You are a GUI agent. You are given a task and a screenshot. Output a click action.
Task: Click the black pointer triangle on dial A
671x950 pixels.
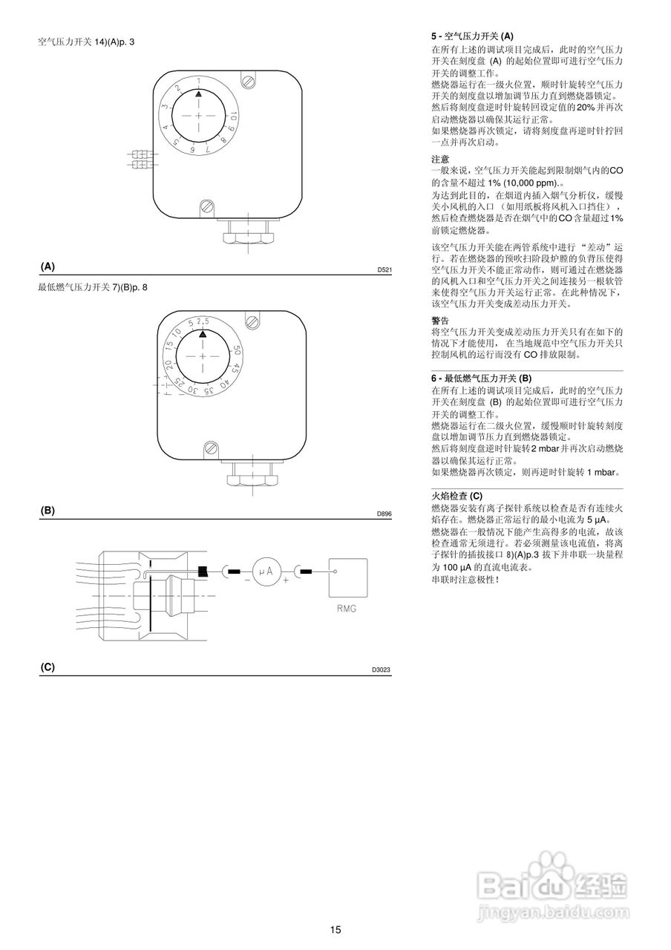[x=198, y=94]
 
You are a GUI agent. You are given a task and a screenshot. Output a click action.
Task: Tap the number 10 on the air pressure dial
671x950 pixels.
[x=233, y=116]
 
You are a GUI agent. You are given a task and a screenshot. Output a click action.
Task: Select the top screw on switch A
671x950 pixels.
[x=248, y=79]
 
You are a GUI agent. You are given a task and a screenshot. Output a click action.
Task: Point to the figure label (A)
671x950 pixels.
[x=48, y=266]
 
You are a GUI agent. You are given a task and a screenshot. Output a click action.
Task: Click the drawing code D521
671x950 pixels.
[x=384, y=269]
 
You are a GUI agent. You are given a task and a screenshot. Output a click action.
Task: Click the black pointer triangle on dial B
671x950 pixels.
[x=202, y=334]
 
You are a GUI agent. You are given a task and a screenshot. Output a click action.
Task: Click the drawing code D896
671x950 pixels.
[x=384, y=514]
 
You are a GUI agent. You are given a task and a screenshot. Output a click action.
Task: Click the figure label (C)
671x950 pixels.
[x=48, y=666]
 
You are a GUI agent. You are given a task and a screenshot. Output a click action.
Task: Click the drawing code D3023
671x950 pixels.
[x=382, y=669]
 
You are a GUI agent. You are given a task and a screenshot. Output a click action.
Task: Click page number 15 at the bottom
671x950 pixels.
[x=335, y=929]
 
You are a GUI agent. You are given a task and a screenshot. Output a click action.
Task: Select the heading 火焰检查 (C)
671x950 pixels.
[x=456, y=496]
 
